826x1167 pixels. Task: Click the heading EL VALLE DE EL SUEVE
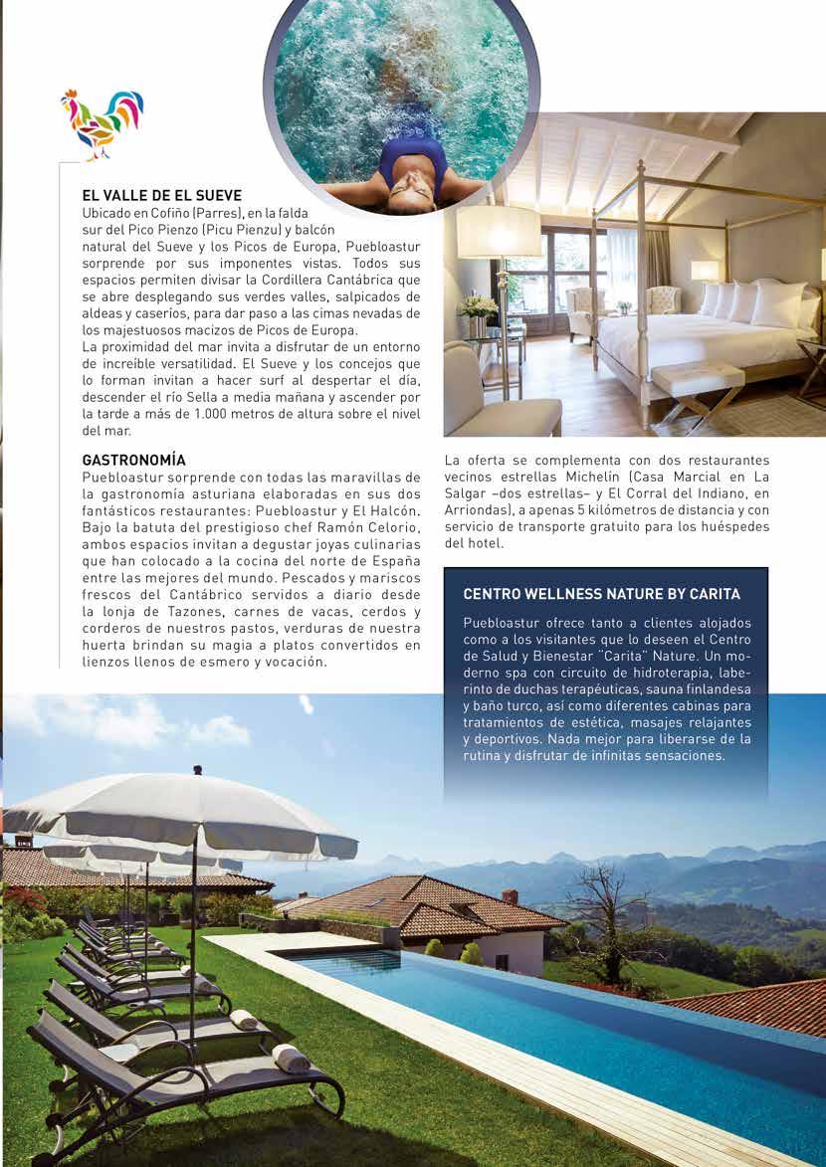click(x=161, y=196)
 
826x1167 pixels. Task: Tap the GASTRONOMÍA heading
click(x=133, y=461)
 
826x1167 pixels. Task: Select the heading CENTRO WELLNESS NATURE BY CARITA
click(x=601, y=594)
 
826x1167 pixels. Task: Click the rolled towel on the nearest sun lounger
click(x=292, y=1058)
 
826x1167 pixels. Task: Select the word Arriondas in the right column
click(x=477, y=509)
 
